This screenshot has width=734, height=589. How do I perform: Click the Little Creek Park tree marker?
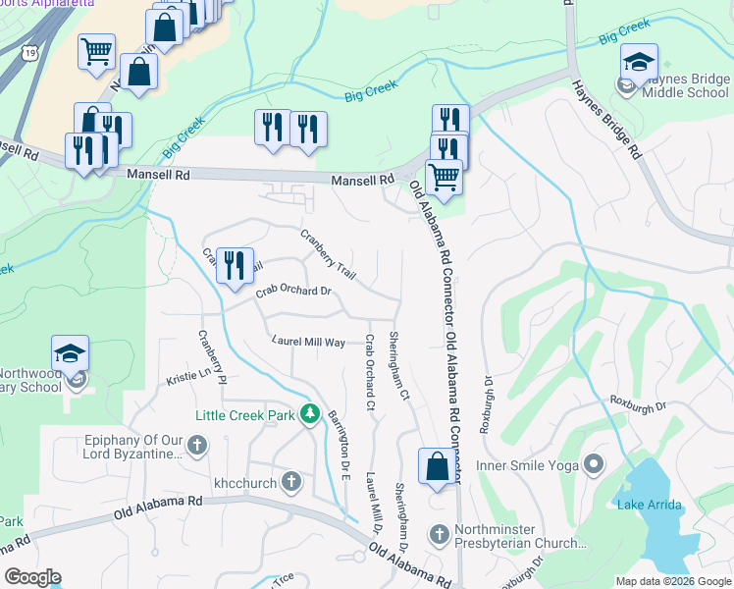[x=311, y=415]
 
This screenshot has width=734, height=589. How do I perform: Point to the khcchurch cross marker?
[x=291, y=482]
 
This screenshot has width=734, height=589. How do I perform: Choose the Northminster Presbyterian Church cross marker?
[x=439, y=535]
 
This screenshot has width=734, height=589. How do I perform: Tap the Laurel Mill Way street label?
[x=309, y=342]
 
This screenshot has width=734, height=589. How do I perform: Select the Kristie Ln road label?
[x=188, y=374]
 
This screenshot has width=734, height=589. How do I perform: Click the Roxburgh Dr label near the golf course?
[x=638, y=403]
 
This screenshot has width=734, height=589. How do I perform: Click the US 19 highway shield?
[x=33, y=50]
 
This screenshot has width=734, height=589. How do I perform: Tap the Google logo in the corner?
[x=32, y=576]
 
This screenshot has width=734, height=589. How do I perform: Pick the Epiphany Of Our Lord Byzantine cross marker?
[x=197, y=448]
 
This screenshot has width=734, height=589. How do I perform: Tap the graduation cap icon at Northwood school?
[x=71, y=353]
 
